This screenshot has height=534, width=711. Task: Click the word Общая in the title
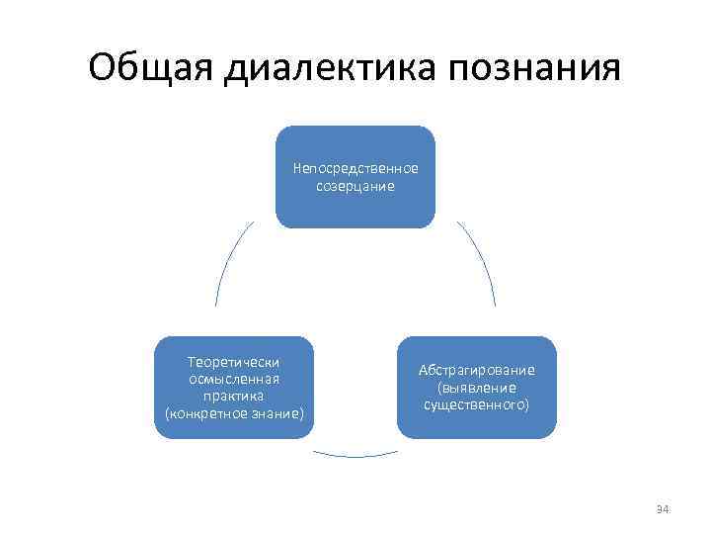150,69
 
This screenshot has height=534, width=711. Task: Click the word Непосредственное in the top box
355,169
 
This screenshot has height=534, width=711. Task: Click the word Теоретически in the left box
234,363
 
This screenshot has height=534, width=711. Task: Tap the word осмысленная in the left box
234,379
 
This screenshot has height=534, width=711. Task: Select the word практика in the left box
234,395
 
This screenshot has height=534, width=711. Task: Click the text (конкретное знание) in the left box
234,411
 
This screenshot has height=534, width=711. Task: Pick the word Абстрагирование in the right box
476,370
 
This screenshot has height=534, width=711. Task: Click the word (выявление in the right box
476,387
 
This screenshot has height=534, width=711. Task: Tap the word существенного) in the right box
476,403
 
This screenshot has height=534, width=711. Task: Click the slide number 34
663,509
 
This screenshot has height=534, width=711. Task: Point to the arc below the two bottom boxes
355,455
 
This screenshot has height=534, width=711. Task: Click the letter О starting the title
101,69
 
